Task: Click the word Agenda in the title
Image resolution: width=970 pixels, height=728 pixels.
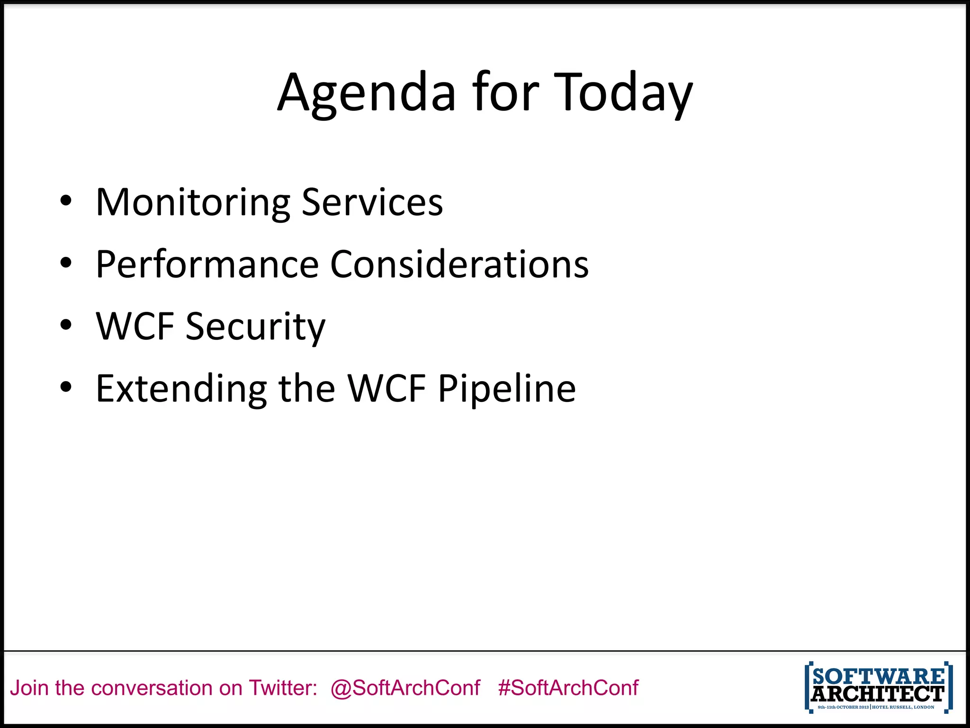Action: coord(366,93)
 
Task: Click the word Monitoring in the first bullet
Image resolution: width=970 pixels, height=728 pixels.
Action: coord(193,203)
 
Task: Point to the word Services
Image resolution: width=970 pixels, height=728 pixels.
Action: coord(372,202)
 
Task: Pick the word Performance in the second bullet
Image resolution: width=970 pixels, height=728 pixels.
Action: coord(207,264)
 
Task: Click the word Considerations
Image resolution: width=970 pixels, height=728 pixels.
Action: coord(459,264)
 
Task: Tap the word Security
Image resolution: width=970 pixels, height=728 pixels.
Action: coord(255,327)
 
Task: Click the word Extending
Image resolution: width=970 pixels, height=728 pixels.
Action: coord(181,389)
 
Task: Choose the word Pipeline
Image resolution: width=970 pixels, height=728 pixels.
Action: coord(506,389)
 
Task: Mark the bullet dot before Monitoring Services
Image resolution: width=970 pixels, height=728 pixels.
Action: coord(66,201)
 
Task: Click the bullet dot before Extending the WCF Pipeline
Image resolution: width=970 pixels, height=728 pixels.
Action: coord(66,387)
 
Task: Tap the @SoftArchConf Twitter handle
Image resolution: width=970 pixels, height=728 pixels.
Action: coord(405,688)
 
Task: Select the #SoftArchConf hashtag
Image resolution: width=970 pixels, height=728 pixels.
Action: coord(568,688)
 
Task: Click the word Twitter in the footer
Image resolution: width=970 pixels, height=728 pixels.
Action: coord(283,688)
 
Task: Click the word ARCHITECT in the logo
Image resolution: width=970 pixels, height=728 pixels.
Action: coord(878,694)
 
